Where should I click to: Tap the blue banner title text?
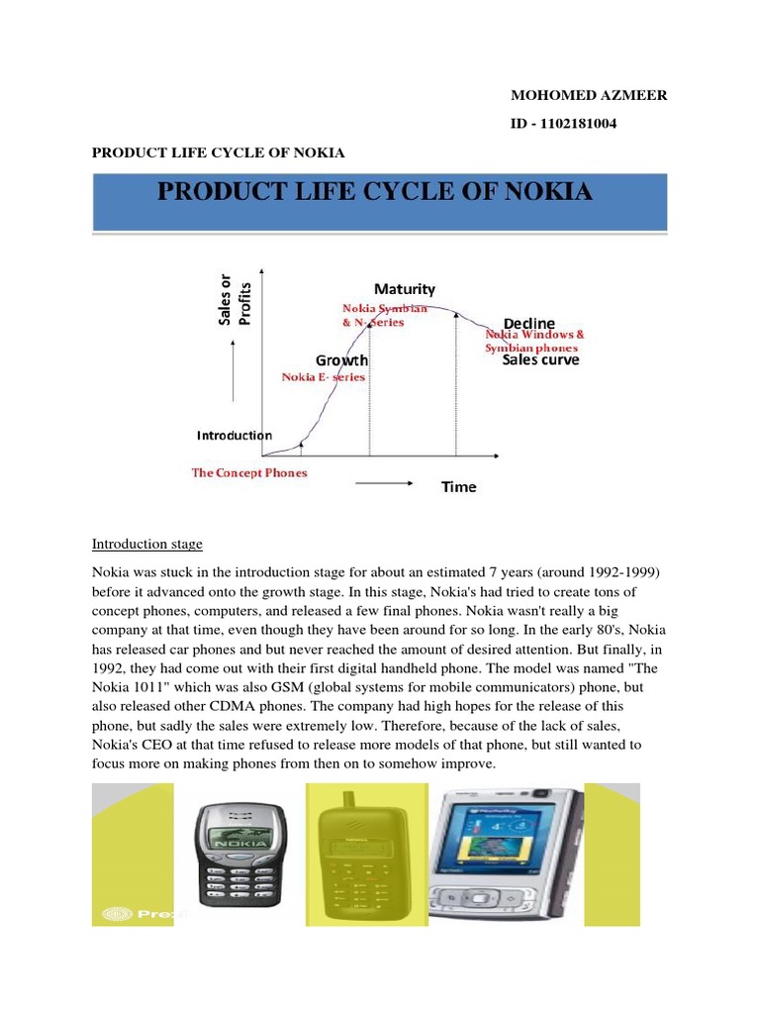[x=375, y=192]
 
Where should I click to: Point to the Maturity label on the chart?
[x=404, y=289]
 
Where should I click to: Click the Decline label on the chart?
[x=528, y=324]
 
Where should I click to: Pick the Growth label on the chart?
[x=341, y=360]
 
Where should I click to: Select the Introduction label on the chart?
[x=234, y=435]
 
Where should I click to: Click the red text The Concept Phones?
[x=249, y=473]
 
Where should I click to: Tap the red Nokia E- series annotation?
[x=324, y=377]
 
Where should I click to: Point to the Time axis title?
[x=458, y=487]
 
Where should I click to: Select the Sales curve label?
[x=540, y=360]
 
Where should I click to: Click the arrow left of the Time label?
[x=383, y=483]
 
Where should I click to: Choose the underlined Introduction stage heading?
[x=146, y=544]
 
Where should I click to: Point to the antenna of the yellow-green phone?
[x=348, y=801]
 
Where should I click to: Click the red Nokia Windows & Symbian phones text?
[x=541, y=342]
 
